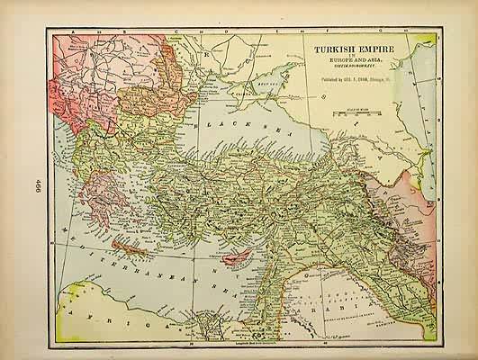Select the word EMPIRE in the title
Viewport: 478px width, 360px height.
[365, 40]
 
